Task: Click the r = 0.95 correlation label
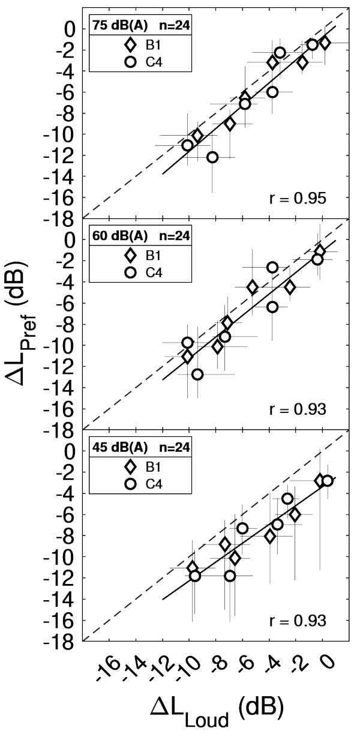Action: coord(305,199)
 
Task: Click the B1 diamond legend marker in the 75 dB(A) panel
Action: coord(129,44)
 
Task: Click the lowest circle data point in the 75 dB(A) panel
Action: coord(212,157)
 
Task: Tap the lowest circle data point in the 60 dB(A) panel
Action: coord(197,375)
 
